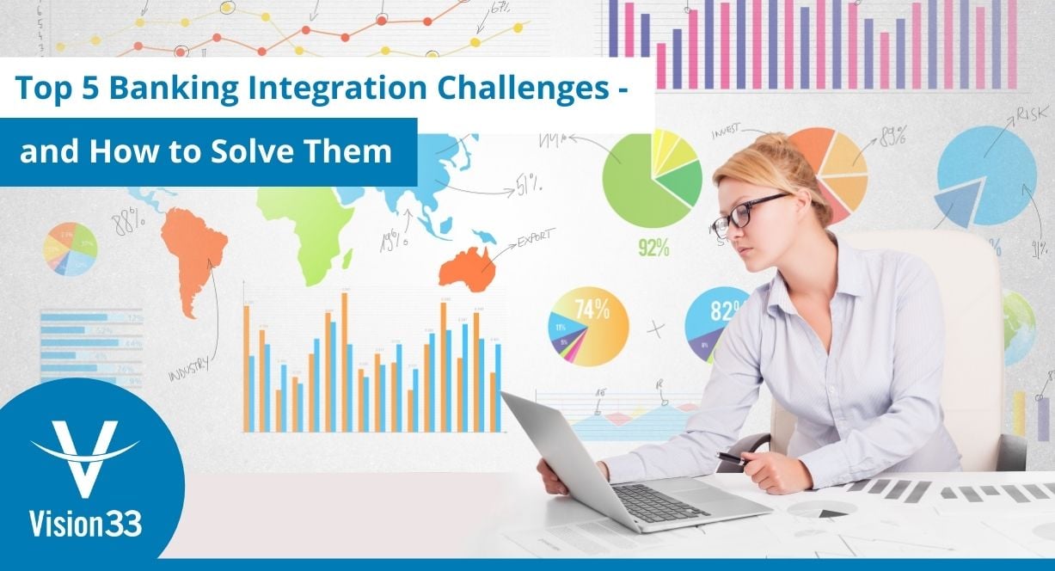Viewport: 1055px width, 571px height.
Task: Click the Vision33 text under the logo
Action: pos(85,522)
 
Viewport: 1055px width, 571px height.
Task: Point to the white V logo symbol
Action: pos(84,457)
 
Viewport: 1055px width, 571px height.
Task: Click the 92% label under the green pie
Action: pos(653,248)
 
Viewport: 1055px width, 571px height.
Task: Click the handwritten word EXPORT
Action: pos(536,236)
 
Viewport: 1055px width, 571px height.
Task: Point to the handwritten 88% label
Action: pos(130,223)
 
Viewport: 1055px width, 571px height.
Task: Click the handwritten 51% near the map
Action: pos(528,182)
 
